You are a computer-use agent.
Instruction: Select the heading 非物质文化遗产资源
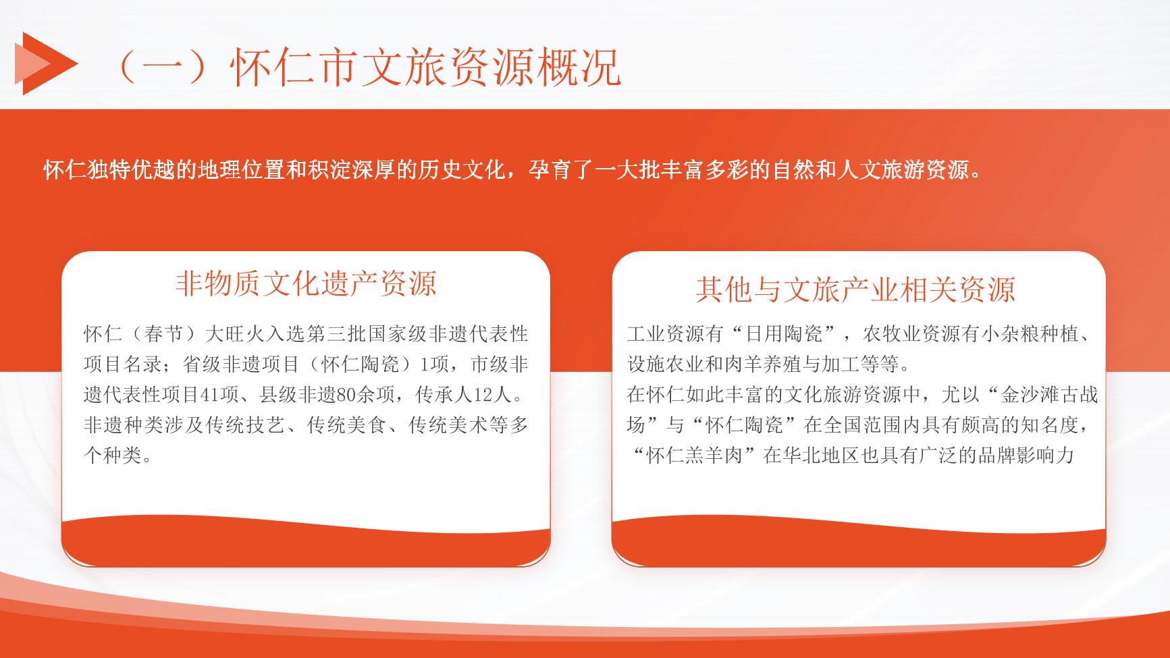coord(306,284)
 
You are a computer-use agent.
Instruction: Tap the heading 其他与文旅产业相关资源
coord(855,290)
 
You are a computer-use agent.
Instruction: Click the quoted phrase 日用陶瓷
coord(784,334)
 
